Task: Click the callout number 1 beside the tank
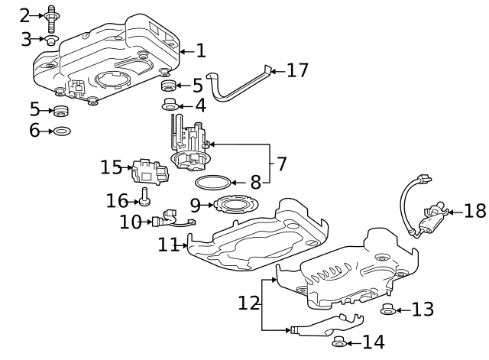[x=200, y=51]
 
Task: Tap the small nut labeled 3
[x=51, y=39]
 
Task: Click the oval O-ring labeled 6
[x=63, y=131]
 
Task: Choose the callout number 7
[x=281, y=164]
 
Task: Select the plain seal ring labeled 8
[x=212, y=183]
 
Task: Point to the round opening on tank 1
[x=115, y=79]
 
